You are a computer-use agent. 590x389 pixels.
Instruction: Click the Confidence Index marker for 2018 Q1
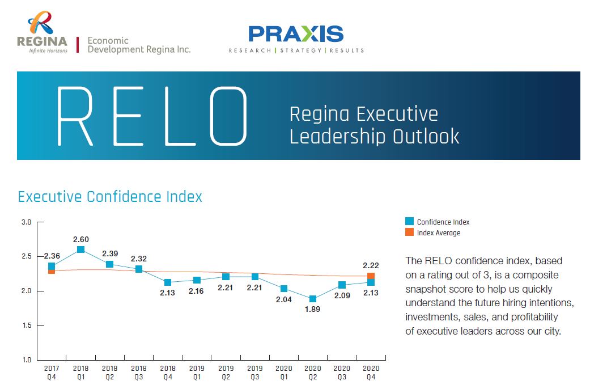pyautogui.click(x=80, y=250)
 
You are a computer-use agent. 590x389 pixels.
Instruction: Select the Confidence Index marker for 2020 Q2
pyautogui.click(x=313, y=299)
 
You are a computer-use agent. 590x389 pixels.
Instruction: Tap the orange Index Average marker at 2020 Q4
pyautogui.click(x=371, y=276)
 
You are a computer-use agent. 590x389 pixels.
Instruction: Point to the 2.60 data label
pyautogui.click(x=80, y=239)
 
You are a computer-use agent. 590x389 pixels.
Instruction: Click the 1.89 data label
pyautogui.click(x=313, y=310)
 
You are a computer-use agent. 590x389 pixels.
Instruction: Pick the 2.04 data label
pyautogui.click(x=284, y=299)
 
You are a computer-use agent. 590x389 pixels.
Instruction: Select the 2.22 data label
pyautogui.click(x=371, y=265)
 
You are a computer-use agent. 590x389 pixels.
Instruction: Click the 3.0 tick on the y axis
pyautogui.click(x=26, y=222)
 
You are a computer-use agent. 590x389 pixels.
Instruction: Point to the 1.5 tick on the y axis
pyautogui.click(x=26, y=325)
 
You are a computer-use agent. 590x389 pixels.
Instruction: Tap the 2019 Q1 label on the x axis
pyautogui.click(x=197, y=372)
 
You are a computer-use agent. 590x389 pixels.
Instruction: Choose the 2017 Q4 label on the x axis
pyautogui.click(x=52, y=372)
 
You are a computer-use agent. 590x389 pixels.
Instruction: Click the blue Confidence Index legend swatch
pyautogui.click(x=409, y=222)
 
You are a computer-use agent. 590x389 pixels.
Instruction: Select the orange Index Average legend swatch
pyautogui.click(x=409, y=232)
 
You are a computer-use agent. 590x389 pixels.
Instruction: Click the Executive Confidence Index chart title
pyautogui.click(x=110, y=197)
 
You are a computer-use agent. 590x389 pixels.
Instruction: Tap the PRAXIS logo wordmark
pyautogui.click(x=296, y=34)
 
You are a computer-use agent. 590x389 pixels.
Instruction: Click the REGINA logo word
pyautogui.click(x=42, y=41)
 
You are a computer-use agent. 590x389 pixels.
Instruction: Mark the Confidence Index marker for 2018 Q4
pyautogui.click(x=168, y=282)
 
